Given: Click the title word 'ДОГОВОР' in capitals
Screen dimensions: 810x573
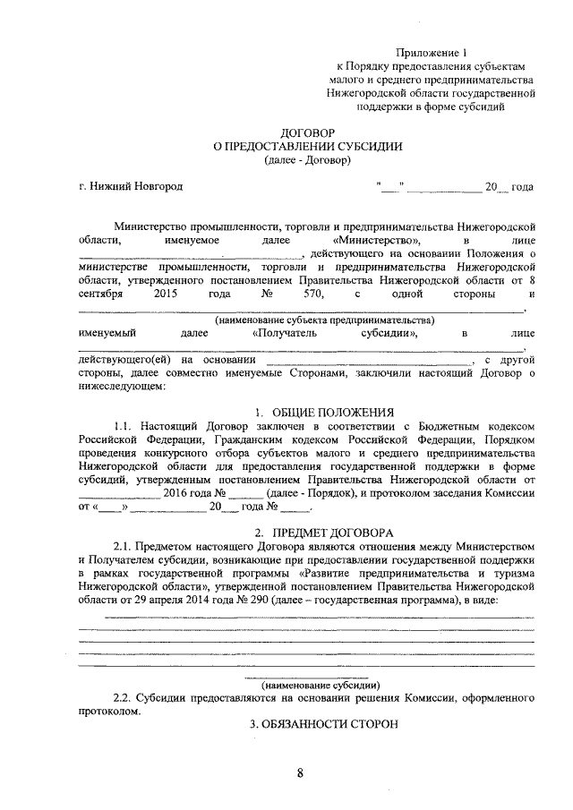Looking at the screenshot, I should pyautogui.click(x=308, y=132).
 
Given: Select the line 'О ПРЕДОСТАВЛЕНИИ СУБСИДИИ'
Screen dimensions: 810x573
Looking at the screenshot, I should pyautogui.click(x=308, y=147).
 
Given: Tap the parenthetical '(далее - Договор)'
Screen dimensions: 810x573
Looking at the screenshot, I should pyautogui.click(x=308, y=160).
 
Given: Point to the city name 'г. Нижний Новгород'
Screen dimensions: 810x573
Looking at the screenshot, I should pyautogui.click(x=131, y=187).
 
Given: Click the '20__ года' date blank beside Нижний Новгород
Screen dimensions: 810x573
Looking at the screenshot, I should pyautogui.click(x=509, y=187).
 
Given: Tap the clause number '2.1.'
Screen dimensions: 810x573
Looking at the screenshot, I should pyautogui.click(x=126, y=546).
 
